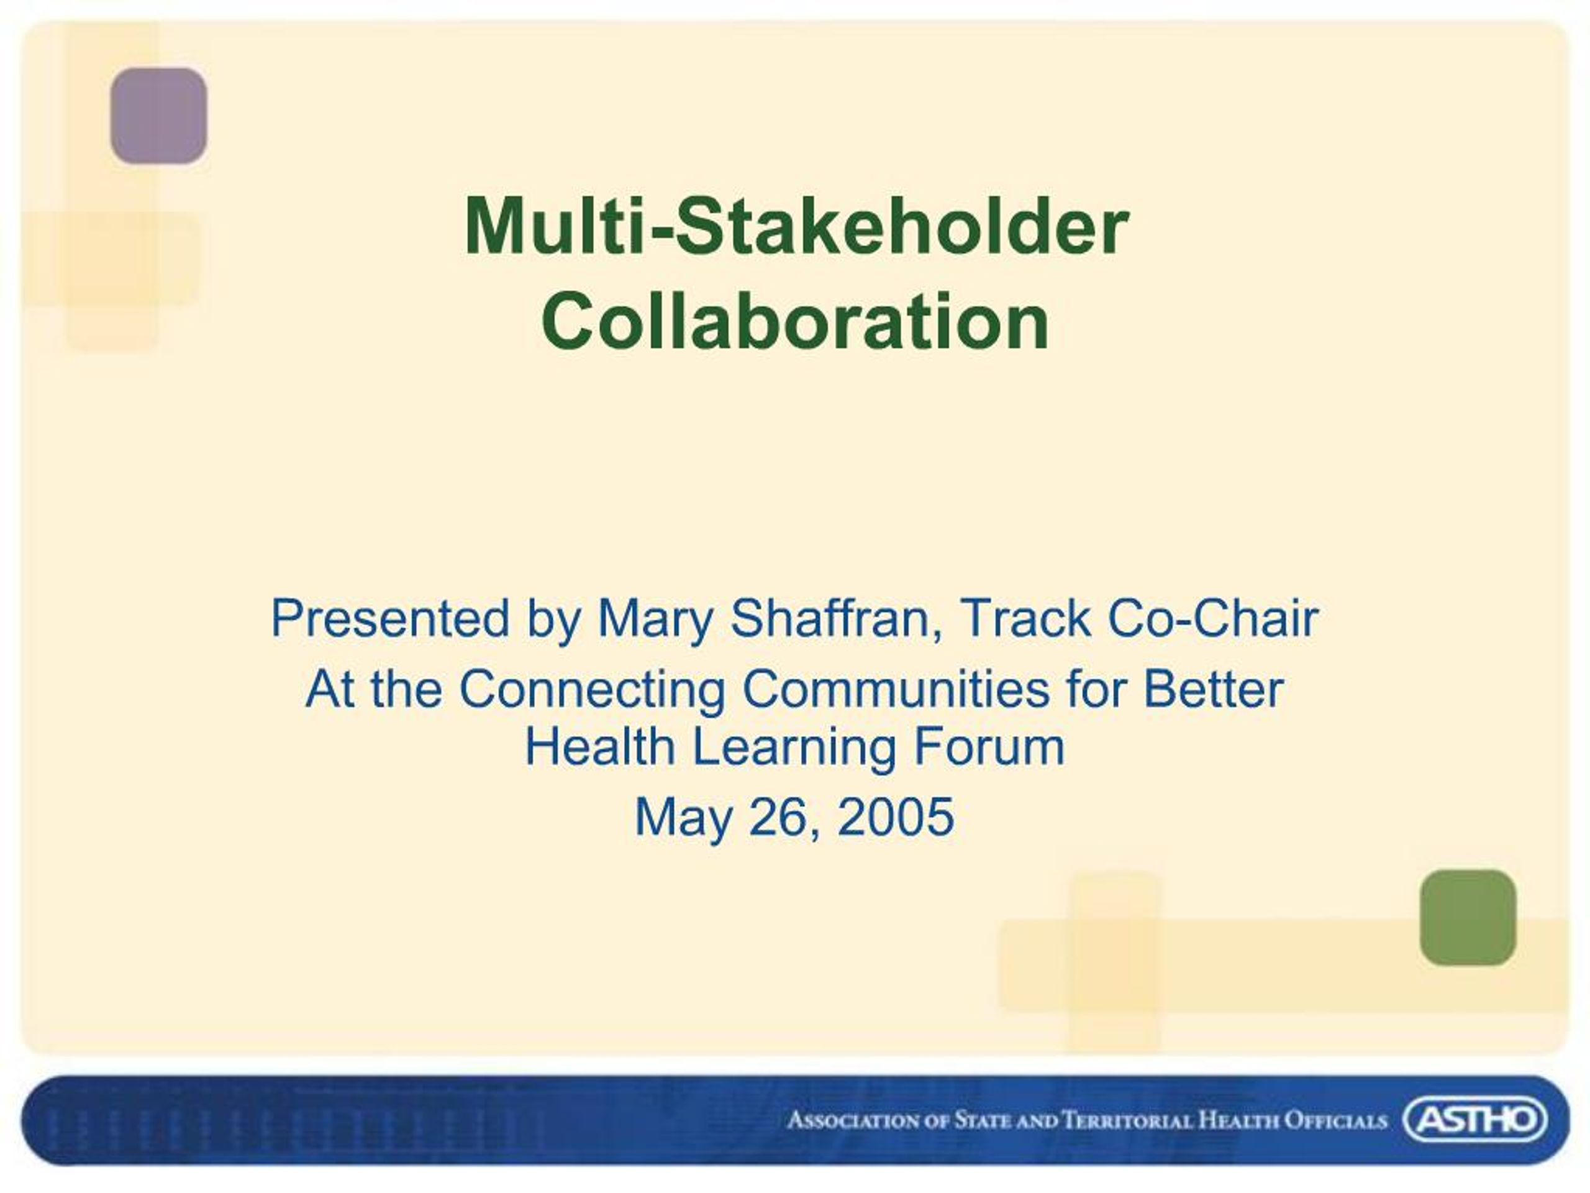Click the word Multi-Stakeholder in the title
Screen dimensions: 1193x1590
click(x=796, y=227)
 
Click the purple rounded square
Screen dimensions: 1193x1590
click(x=158, y=115)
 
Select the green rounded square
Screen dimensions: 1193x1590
click(x=1468, y=918)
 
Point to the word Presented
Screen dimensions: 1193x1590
click(x=390, y=618)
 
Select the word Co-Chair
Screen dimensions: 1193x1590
click(x=1212, y=618)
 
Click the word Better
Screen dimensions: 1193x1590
click(x=1212, y=689)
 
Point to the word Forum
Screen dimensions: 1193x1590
click(x=988, y=746)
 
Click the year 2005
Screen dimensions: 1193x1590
click(x=895, y=817)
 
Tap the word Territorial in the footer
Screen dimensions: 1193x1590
click(x=1127, y=1120)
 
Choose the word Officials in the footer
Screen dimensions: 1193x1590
click(x=1335, y=1120)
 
